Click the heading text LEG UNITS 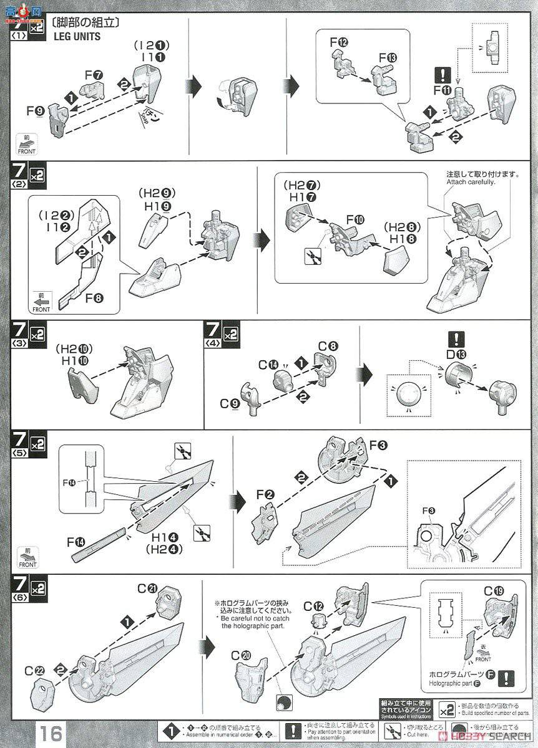77,37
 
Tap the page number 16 52,733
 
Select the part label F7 94,74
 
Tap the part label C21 147,590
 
